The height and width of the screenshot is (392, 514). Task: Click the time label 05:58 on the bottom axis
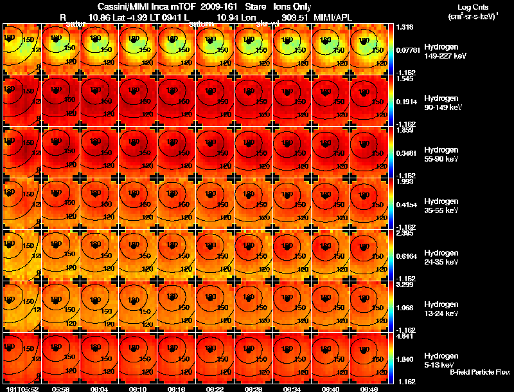[60, 389]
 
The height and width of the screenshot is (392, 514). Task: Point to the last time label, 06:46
[369, 389]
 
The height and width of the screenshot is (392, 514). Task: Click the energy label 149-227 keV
[445, 56]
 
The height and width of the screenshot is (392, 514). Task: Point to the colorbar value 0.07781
[408, 50]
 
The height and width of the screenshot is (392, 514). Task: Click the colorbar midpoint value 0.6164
[406, 256]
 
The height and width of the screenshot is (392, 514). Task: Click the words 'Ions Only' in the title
[292, 6]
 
